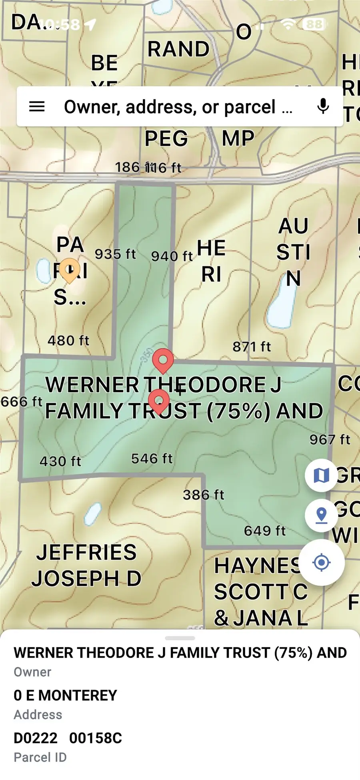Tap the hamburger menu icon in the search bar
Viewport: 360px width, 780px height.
tap(37, 107)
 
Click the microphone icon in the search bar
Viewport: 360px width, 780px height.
tap(323, 106)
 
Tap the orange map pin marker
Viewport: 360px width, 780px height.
tap(69, 269)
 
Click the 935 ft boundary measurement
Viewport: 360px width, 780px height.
tap(115, 254)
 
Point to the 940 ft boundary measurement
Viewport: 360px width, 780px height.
tap(172, 256)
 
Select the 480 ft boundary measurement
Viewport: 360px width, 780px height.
tap(68, 341)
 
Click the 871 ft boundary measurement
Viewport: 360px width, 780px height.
tap(252, 346)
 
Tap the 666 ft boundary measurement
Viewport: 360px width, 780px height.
tap(22, 401)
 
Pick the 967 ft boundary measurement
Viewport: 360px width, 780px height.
tap(330, 440)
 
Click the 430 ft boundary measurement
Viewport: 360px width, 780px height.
tap(60, 461)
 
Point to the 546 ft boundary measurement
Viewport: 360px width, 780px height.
tap(152, 459)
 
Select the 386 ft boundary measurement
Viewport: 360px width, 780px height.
tap(204, 495)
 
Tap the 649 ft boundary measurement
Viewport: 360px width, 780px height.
tap(265, 531)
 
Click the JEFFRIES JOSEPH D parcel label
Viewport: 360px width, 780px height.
tap(86, 565)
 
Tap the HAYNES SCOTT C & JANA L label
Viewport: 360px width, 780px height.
tap(260, 592)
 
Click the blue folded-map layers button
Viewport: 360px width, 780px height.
tap(321, 475)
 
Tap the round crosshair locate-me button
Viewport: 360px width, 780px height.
tap(322, 563)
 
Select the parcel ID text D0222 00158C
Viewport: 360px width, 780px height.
tap(68, 738)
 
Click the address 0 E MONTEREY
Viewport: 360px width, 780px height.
tap(65, 695)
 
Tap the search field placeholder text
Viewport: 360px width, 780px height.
tap(178, 107)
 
